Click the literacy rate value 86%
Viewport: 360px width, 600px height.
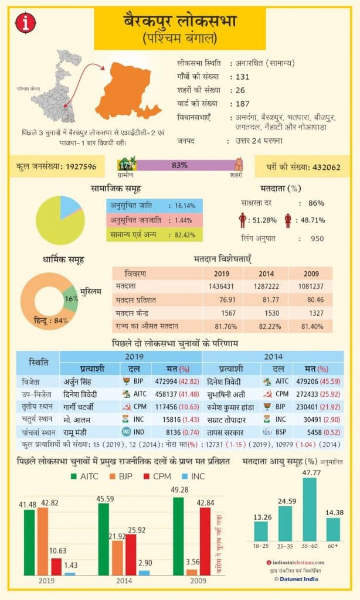(x=316, y=203)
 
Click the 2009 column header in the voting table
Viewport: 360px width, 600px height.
(x=311, y=274)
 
